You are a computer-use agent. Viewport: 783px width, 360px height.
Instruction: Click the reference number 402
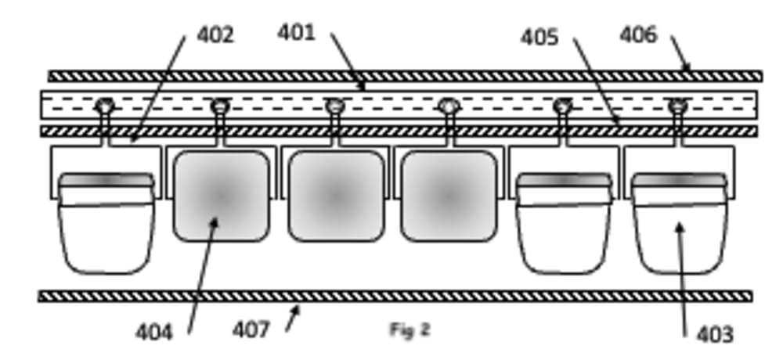coord(215,35)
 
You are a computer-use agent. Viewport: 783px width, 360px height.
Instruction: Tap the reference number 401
coord(296,33)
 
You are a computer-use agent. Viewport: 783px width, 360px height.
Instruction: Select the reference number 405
coord(539,37)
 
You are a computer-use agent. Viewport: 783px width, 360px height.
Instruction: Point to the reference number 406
coord(638,35)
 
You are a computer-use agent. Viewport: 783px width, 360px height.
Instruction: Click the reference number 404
coord(153,332)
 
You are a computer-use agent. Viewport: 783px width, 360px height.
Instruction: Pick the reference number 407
coord(251,329)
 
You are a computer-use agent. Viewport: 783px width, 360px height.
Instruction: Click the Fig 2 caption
coord(410,329)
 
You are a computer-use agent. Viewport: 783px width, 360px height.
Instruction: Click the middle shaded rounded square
coord(336,196)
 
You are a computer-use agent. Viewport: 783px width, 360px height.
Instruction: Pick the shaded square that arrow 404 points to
coord(221,196)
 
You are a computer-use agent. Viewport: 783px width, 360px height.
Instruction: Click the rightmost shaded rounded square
coord(449,196)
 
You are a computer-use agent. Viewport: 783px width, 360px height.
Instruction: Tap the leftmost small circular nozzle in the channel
coord(105,105)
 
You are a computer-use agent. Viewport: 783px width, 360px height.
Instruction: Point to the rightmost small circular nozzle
coord(677,105)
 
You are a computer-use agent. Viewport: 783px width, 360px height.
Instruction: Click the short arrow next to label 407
coord(292,318)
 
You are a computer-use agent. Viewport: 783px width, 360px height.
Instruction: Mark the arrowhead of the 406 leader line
coord(687,70)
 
